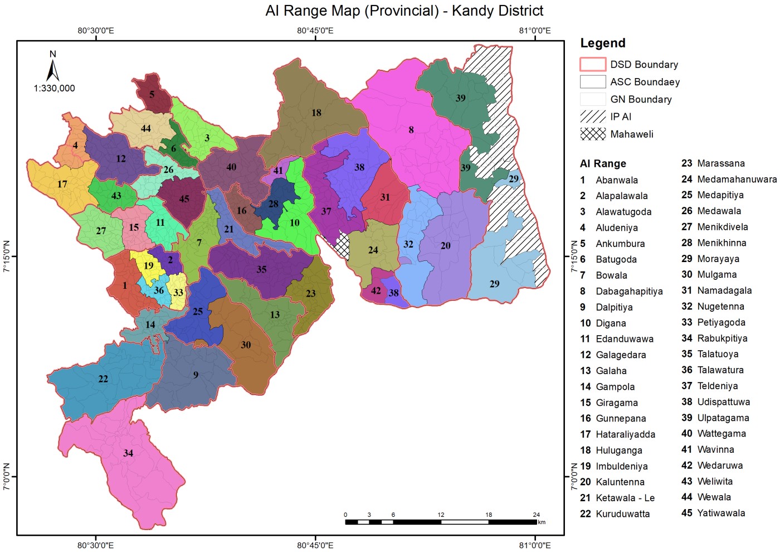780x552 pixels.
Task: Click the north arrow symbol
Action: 53,70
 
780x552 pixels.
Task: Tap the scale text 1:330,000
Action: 54,88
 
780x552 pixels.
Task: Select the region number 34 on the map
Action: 128,453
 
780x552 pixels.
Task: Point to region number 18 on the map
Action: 316,113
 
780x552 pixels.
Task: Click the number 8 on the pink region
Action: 411,130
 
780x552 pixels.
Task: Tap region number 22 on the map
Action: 103,379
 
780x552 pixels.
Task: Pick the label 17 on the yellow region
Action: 62,184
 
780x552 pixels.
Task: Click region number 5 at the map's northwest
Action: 152,94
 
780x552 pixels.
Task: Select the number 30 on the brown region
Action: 246,345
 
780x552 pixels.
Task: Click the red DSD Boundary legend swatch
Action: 593,65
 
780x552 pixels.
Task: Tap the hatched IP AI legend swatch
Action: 593,117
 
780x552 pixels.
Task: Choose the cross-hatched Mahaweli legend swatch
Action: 593,134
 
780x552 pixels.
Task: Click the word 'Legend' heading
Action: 603,43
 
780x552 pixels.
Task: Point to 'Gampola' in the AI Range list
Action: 615,387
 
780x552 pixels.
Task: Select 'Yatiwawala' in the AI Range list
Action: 721,513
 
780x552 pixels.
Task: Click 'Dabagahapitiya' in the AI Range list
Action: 629,291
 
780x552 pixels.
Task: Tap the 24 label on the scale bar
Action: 536,515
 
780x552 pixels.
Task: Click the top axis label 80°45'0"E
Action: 315,30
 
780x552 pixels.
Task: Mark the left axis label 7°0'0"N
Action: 7,477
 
